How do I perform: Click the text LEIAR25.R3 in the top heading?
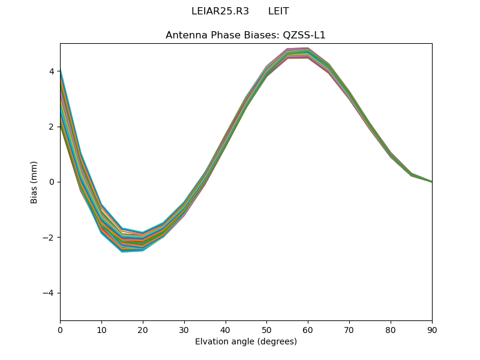[215, 11]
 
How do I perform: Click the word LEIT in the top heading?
[278, 11]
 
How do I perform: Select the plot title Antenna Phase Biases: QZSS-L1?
[245, 35]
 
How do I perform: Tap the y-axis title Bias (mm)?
[34, 182]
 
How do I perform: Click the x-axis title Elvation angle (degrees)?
[245, 341]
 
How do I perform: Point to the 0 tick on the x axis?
[60, 329]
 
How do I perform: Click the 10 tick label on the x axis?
[101, 329]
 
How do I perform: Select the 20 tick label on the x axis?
[143, 329]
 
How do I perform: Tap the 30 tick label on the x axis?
[184, 329]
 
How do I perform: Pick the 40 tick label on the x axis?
[226, 329]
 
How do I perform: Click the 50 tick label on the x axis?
[266, 329]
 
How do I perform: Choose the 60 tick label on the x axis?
[308, 329]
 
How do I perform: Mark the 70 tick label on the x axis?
[349, 329]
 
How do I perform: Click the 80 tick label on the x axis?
[391, 329]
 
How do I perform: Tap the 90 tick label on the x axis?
[432, 329]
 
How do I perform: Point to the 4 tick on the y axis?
[52, 71]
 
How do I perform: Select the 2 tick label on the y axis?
[52, 127]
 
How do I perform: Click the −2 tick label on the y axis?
[49, 238]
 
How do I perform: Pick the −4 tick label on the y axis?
[49, 293]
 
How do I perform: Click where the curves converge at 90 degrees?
[431, 181]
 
